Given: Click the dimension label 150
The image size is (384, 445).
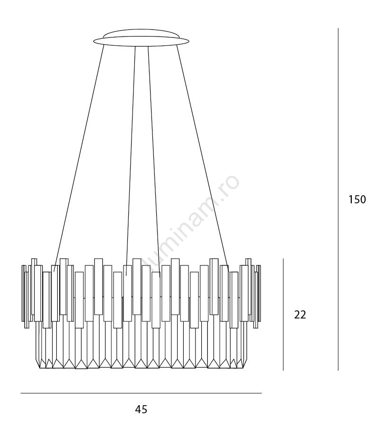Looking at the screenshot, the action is click(357, 200).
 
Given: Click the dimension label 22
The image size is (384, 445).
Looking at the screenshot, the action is click(300, 315).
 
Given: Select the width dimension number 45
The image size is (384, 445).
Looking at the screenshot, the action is click(141, 409).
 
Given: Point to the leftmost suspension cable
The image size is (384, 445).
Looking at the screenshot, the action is click(79, 158).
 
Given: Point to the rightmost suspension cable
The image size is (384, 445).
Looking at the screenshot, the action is click(203, 158).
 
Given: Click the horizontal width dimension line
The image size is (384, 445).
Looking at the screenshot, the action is click(141, 393).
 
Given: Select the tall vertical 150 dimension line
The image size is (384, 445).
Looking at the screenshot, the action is click(338, 199).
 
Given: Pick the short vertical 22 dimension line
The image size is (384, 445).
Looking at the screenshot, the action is click(283, 315).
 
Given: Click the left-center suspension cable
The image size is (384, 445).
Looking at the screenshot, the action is click(131, 161).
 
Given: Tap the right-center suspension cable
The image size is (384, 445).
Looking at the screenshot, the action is click(154, 162).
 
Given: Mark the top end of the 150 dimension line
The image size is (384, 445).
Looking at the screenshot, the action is click(338, 28).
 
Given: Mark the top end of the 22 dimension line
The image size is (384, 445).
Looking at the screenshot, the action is click(283, 259).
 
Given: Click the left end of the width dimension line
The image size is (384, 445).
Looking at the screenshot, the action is click(21, 393).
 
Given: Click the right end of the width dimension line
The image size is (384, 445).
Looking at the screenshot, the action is click(261, 393).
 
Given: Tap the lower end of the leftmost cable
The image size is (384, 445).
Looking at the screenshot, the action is click(54, 272).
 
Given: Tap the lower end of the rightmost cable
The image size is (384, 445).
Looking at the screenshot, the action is click(228, 272).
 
